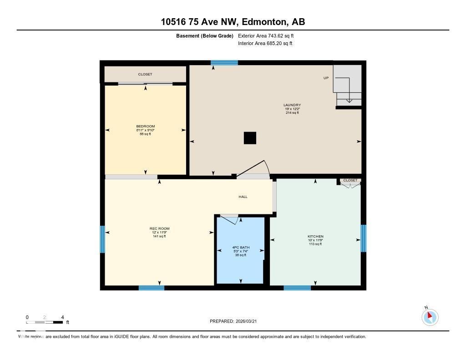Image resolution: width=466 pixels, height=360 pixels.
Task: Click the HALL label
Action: pyautogui.click(x=243, y=197)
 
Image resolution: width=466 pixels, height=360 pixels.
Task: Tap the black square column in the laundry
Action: pyautogui.click(x=250, y=138)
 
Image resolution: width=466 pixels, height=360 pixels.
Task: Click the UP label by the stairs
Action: pyautogui.click(x=326, y=78)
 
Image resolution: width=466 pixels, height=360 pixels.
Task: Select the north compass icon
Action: pyautogui.click(x=430, y=317)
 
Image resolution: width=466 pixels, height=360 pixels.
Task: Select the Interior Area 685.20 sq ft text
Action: pyautogui.click(x=265, y=44)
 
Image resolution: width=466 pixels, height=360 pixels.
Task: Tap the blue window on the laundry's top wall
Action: pyautogui.click(x=224, y=63)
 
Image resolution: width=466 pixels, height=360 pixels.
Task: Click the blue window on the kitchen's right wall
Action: pyautogui.click(x=363, y=238)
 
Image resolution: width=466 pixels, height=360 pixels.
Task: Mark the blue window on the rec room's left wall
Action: pyautogui.click(x=102, y=239)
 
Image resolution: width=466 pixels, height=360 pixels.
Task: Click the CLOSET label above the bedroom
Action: pyautogui.click(x=146, y=74)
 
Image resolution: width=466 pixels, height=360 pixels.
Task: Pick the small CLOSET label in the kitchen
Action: pyautogui.click(x=350, y=180)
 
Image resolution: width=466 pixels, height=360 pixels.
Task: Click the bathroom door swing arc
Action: pyautogui.click(x=231, y=219)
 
